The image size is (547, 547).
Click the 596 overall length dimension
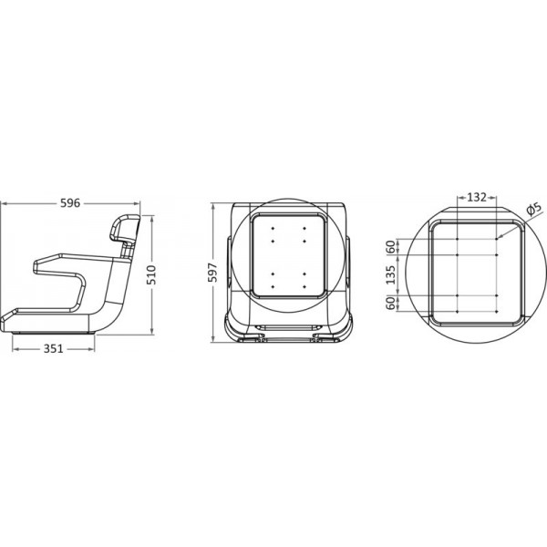(x=69, y=204)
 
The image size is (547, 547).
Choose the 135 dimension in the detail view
(x=391, y=276)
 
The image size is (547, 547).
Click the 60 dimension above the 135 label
(x=391, y=246)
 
